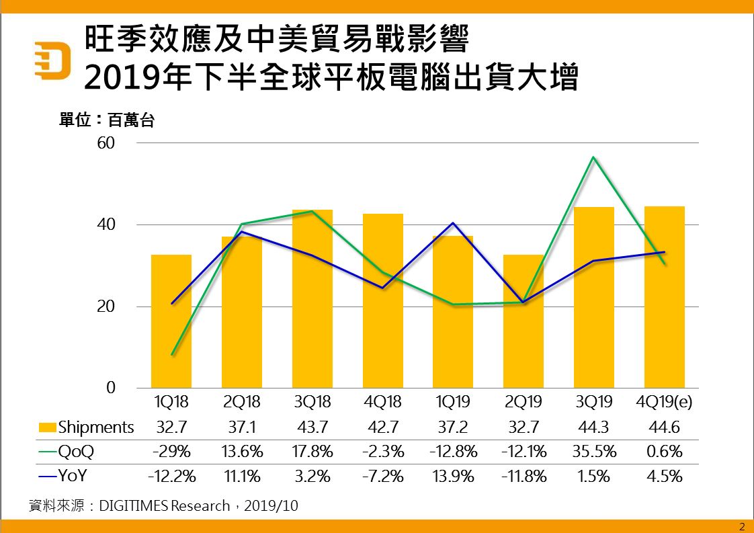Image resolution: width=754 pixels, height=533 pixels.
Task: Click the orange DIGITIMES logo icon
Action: [x=52, y=61]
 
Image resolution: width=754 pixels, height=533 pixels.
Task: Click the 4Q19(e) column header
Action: [x=664, y=402]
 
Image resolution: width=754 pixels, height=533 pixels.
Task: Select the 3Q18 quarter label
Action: [x=312, y=402]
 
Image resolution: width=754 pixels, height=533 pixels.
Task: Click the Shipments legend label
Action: [x=96, y=427]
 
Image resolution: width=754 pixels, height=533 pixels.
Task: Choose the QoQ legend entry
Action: [x=76, y=452]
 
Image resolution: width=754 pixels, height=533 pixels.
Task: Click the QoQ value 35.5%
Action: [x=594, y=452]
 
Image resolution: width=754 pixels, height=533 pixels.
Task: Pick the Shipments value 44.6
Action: [x=664, y=427]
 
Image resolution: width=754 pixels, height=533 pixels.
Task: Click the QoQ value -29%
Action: [x=171, y=452]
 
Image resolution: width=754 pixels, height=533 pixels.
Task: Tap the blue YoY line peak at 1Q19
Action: [x=453, y=223]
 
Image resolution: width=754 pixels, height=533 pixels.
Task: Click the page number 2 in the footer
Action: [x=742, y=526]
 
